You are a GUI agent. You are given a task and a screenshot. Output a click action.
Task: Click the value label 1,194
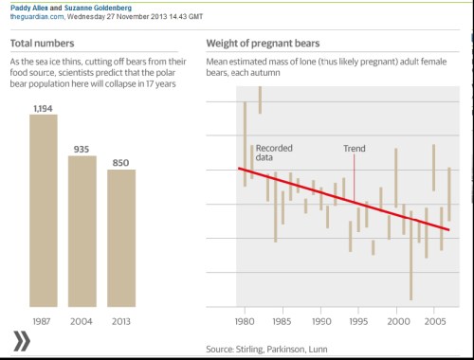tap(44, 109)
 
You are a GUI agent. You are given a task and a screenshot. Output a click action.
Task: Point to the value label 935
tap(82, 149)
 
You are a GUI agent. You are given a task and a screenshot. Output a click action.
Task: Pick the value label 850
tap(121, 163)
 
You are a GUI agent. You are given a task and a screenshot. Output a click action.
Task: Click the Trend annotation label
tap(355, 149)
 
